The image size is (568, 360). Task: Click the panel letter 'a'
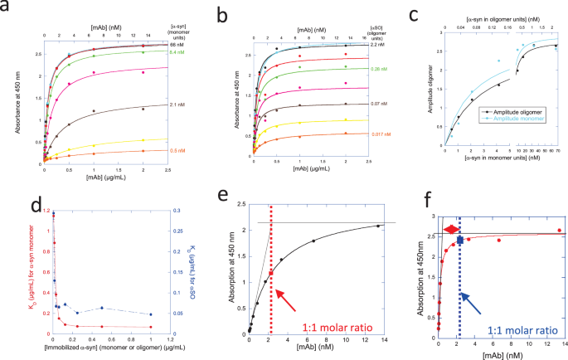coord(7,10)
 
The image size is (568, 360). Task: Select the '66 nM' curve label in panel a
coord(177,45)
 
